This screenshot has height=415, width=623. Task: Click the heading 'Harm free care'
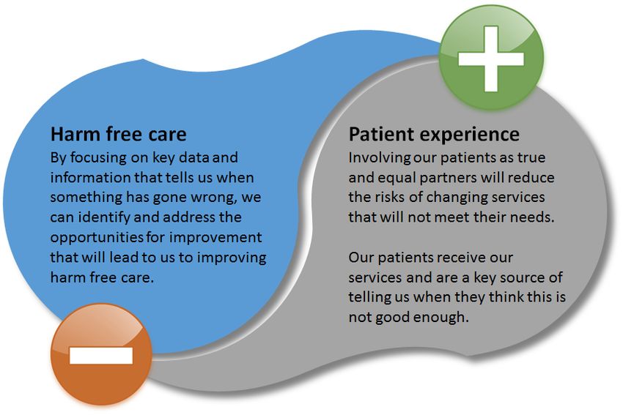coord(119,134)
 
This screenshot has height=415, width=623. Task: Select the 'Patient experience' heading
coord(434,135)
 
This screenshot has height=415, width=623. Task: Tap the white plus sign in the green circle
coord(491,59)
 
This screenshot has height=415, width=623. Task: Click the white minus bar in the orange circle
coord(101,356)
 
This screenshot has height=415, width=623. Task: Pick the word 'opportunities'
coord(97,238)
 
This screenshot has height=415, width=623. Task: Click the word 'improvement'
coord(215,237)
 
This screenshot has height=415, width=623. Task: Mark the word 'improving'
coord(232,258)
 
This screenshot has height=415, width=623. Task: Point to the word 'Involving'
coord(380,158)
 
